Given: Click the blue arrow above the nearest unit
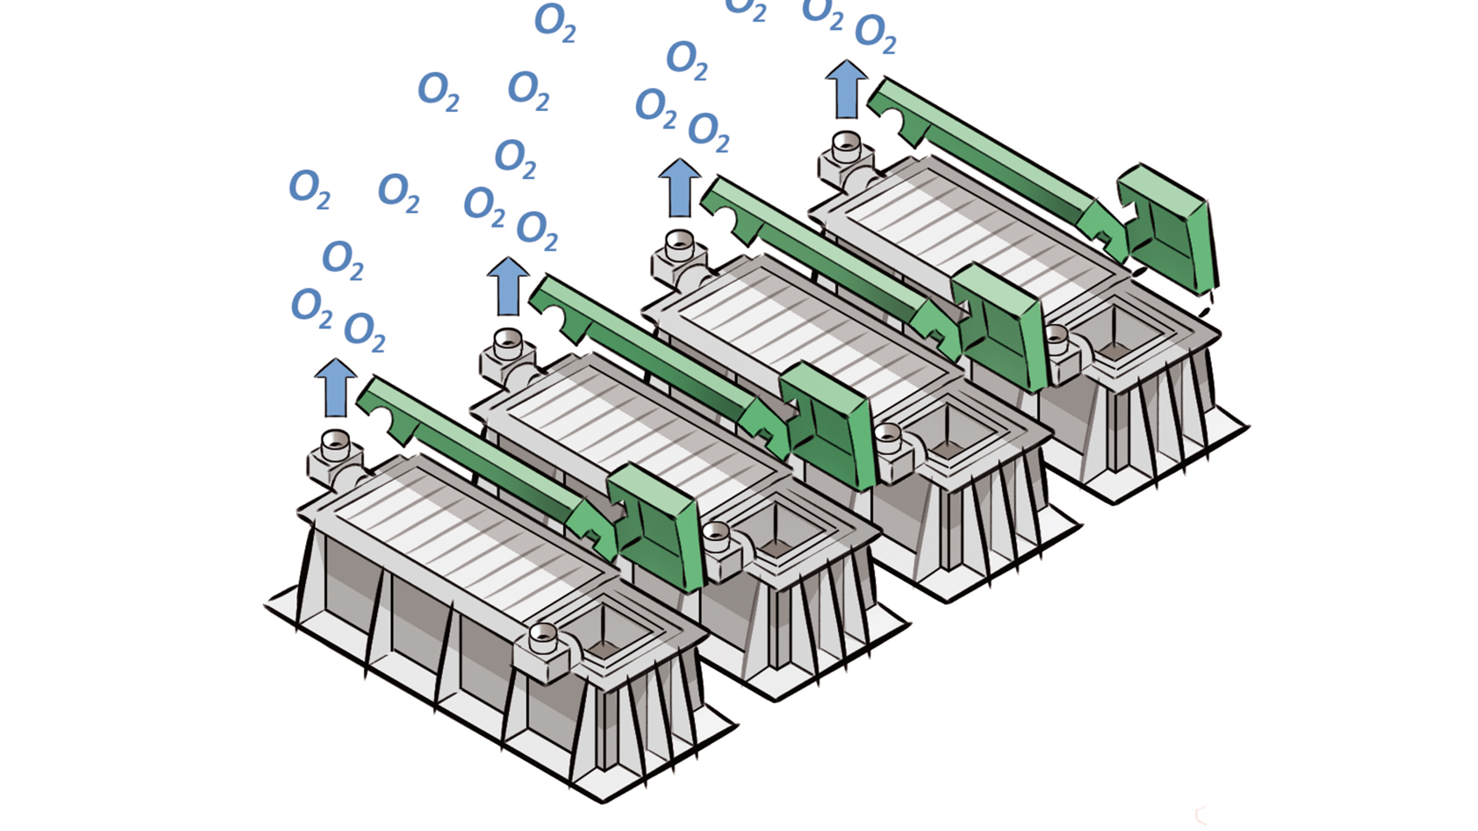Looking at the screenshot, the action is (x=335, y=387).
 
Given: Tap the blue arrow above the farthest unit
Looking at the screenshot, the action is (x=846, y=89).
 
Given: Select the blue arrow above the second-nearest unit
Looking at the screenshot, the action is (x=508, y=286).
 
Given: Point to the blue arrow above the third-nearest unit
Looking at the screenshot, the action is (x=680, y=188).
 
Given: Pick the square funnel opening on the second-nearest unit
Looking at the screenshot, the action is (x=777, y=528).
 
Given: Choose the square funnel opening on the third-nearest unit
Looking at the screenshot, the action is (x=947, y=430).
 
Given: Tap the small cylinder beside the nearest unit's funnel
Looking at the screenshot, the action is (x=543, y=638).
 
